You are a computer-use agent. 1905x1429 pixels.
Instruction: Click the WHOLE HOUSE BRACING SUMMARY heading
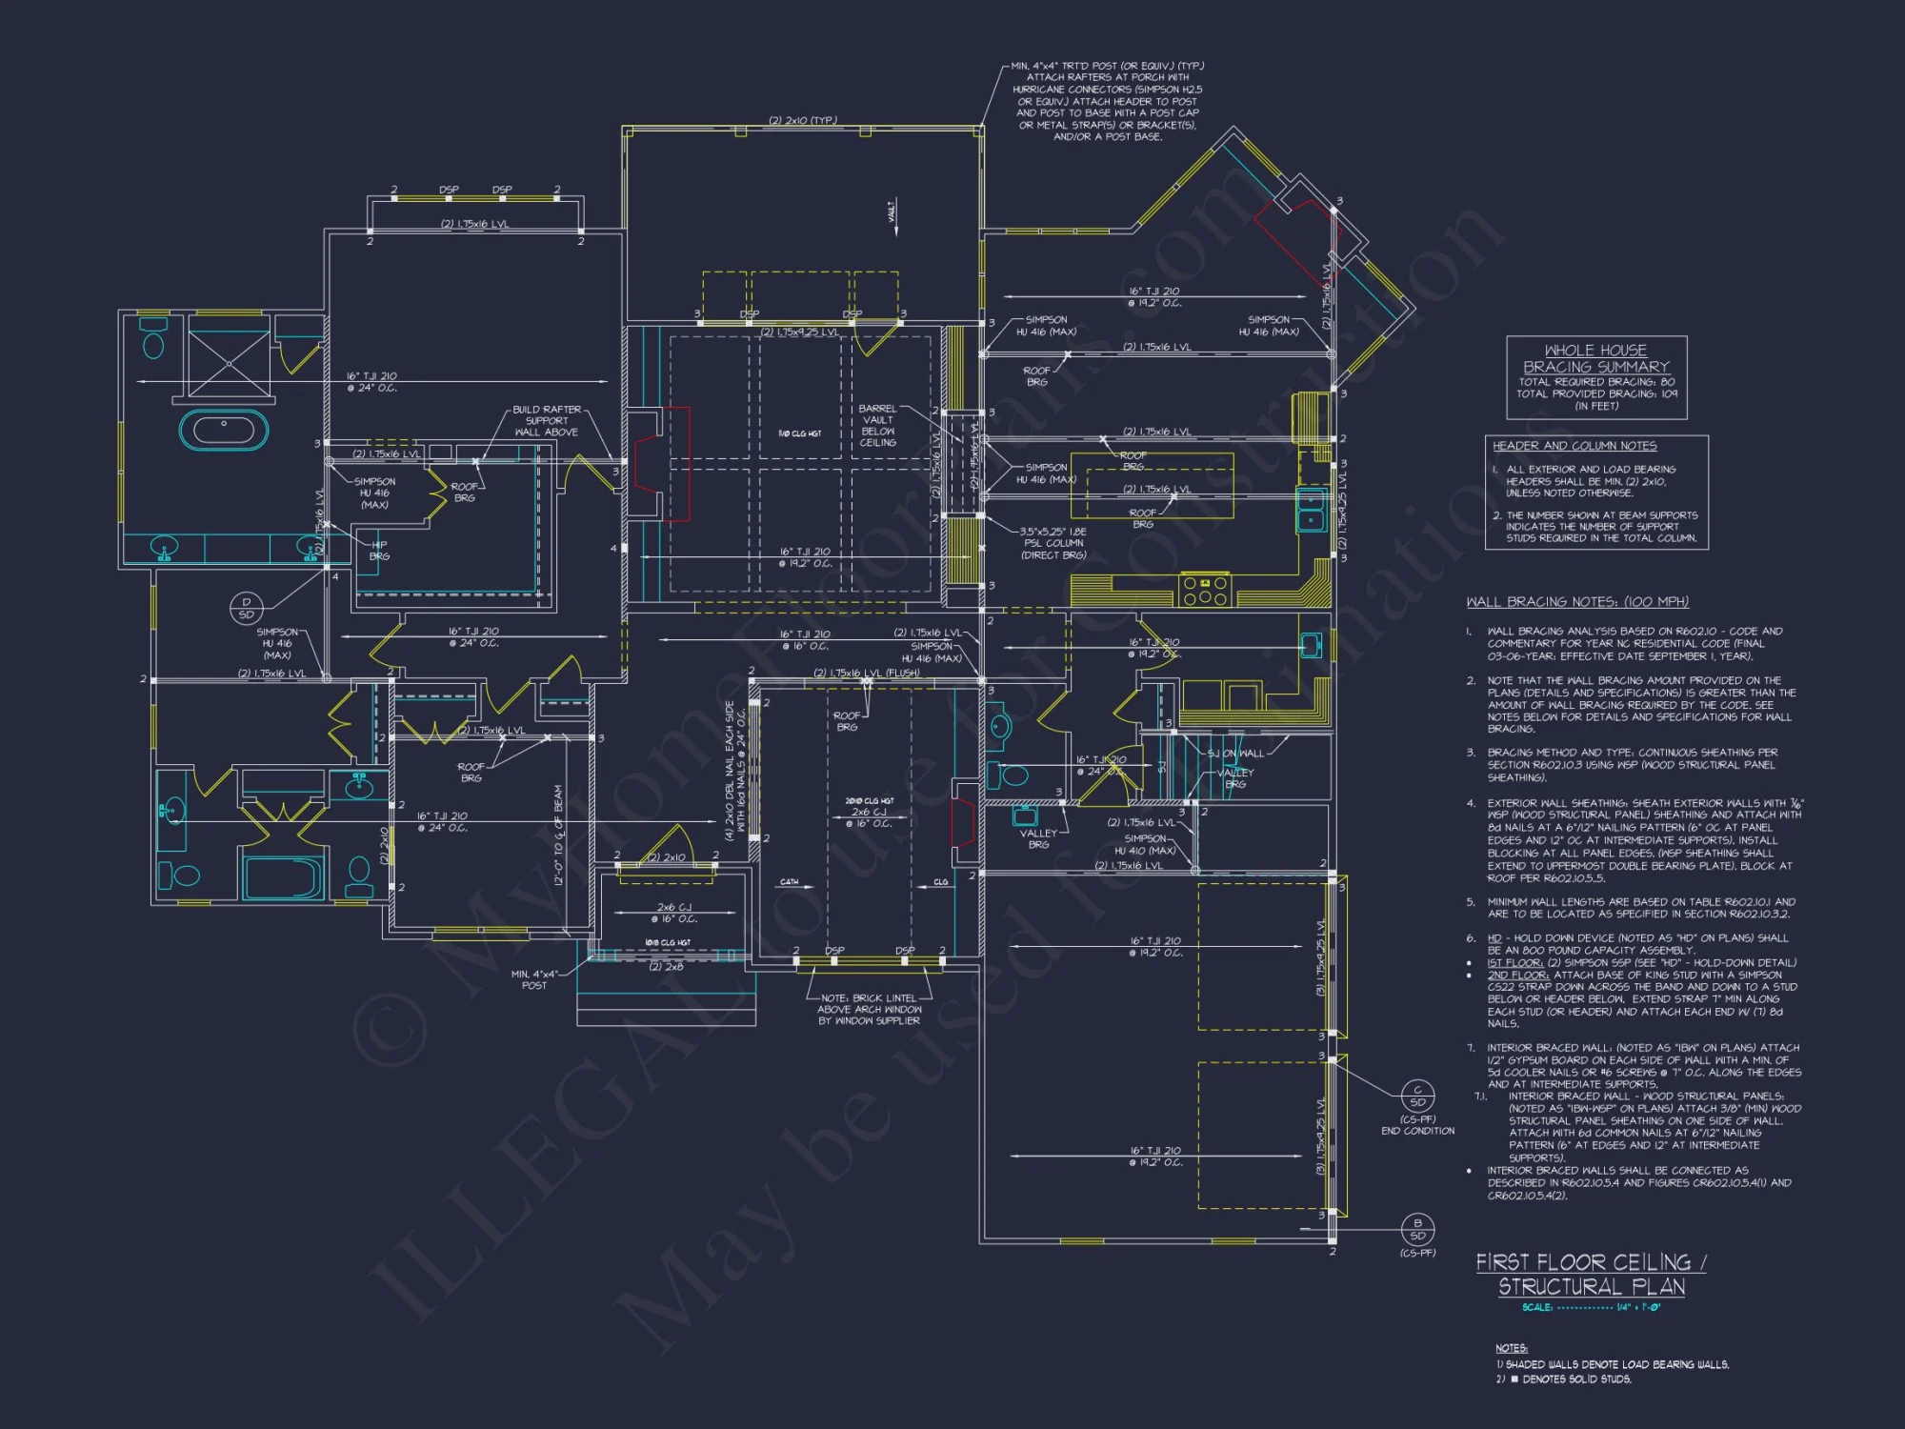[1595, 358]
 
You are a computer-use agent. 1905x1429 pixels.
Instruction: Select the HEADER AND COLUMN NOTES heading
[1574, 446]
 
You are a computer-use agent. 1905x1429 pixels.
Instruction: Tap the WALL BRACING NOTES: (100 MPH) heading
[1577, 602]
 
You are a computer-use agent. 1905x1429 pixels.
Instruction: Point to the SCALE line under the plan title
[1591, 1308]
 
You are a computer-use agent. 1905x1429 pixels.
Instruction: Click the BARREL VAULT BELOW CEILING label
[877, 426]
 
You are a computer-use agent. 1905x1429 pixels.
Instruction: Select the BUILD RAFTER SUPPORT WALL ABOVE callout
[547, 421]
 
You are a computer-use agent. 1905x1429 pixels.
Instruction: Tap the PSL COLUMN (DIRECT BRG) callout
[1053, 543]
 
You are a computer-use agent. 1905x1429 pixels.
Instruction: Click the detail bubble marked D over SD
[246, 608]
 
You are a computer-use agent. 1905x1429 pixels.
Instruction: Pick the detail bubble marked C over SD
[1417, 1096]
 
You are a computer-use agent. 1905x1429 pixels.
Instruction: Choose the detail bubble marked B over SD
[1417, 1229]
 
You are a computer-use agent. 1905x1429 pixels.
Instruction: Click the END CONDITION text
[1417, 1131]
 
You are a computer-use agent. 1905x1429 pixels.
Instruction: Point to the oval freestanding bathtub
[224, 430]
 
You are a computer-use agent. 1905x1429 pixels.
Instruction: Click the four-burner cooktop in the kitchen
[1205, 591]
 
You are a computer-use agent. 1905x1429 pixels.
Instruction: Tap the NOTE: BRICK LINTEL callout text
[869, 1010]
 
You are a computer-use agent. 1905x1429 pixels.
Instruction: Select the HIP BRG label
[379, 551]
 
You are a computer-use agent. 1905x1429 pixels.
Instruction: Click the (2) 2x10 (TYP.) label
[802, 121]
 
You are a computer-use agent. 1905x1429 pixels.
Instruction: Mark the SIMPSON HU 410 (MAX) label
[1145, 844]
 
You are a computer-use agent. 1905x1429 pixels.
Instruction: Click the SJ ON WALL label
[1235, 754]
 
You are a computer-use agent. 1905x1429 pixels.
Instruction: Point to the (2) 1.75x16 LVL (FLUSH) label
[866, 673]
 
